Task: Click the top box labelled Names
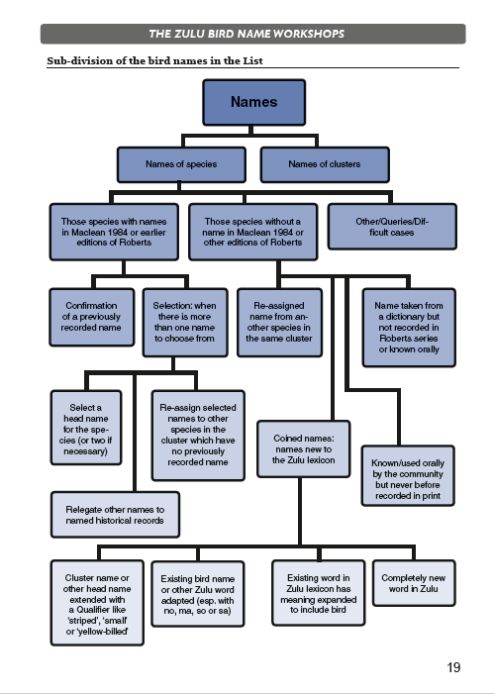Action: (254, 102)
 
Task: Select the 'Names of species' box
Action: (181, 164)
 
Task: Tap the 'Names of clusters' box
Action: (325, 164)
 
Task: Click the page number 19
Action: (453, 667)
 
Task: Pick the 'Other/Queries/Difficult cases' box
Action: (392, 227)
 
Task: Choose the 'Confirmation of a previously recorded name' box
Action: (92, 317)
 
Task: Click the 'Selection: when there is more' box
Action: (185, 322)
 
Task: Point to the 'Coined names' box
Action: (304, 448)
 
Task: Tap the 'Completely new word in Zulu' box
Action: (414, 583)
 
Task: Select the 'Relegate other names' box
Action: (115, 515)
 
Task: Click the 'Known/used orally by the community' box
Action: (408, 476)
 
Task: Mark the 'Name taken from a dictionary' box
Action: (409, 328)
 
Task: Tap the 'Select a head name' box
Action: (86, 428)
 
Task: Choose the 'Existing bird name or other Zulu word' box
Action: (198, 594)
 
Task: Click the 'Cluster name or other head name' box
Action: (97, 603)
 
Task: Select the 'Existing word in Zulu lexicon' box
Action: (319, 593)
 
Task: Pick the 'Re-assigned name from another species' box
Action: (279, 322)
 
